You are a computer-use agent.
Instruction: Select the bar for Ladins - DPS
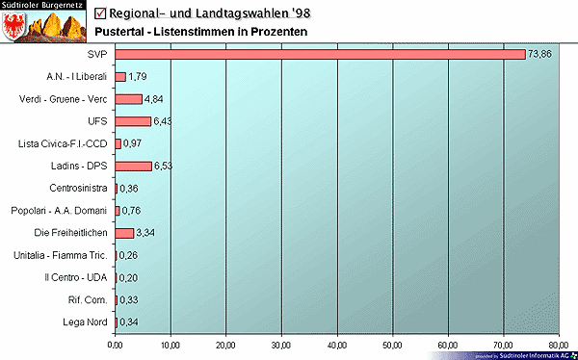133,166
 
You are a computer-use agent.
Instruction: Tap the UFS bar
133,121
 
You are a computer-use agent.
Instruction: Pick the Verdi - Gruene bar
128,99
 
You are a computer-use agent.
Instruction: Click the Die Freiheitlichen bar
124,233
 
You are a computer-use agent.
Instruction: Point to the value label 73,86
539,55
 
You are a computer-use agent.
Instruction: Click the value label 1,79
138,77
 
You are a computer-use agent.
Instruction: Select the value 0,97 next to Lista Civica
133,144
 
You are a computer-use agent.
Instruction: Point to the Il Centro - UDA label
76,277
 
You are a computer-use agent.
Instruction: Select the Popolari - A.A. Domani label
62,211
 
